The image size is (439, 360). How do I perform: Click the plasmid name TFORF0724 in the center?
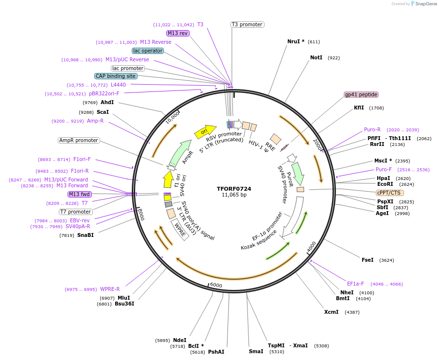click(234, 189)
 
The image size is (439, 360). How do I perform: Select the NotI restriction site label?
click(316, 57)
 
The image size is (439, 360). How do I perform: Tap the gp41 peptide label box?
click(361, 94)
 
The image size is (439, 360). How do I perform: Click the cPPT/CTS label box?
click(389, 193)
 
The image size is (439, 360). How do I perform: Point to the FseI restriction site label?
click(368, 260)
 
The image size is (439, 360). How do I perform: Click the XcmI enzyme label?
click(331, 312)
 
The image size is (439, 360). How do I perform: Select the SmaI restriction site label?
click(256, 351)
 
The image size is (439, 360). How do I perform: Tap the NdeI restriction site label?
click(180, 340)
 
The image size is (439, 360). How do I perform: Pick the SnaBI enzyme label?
click(86, 235)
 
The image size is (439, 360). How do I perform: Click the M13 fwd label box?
click(80, 194)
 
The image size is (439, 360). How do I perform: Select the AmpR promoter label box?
click(79, 140)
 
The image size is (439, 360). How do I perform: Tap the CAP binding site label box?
click(116, 76)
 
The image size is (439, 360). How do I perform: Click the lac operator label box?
click(148, 51)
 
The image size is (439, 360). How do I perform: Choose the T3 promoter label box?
click(247, 24)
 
